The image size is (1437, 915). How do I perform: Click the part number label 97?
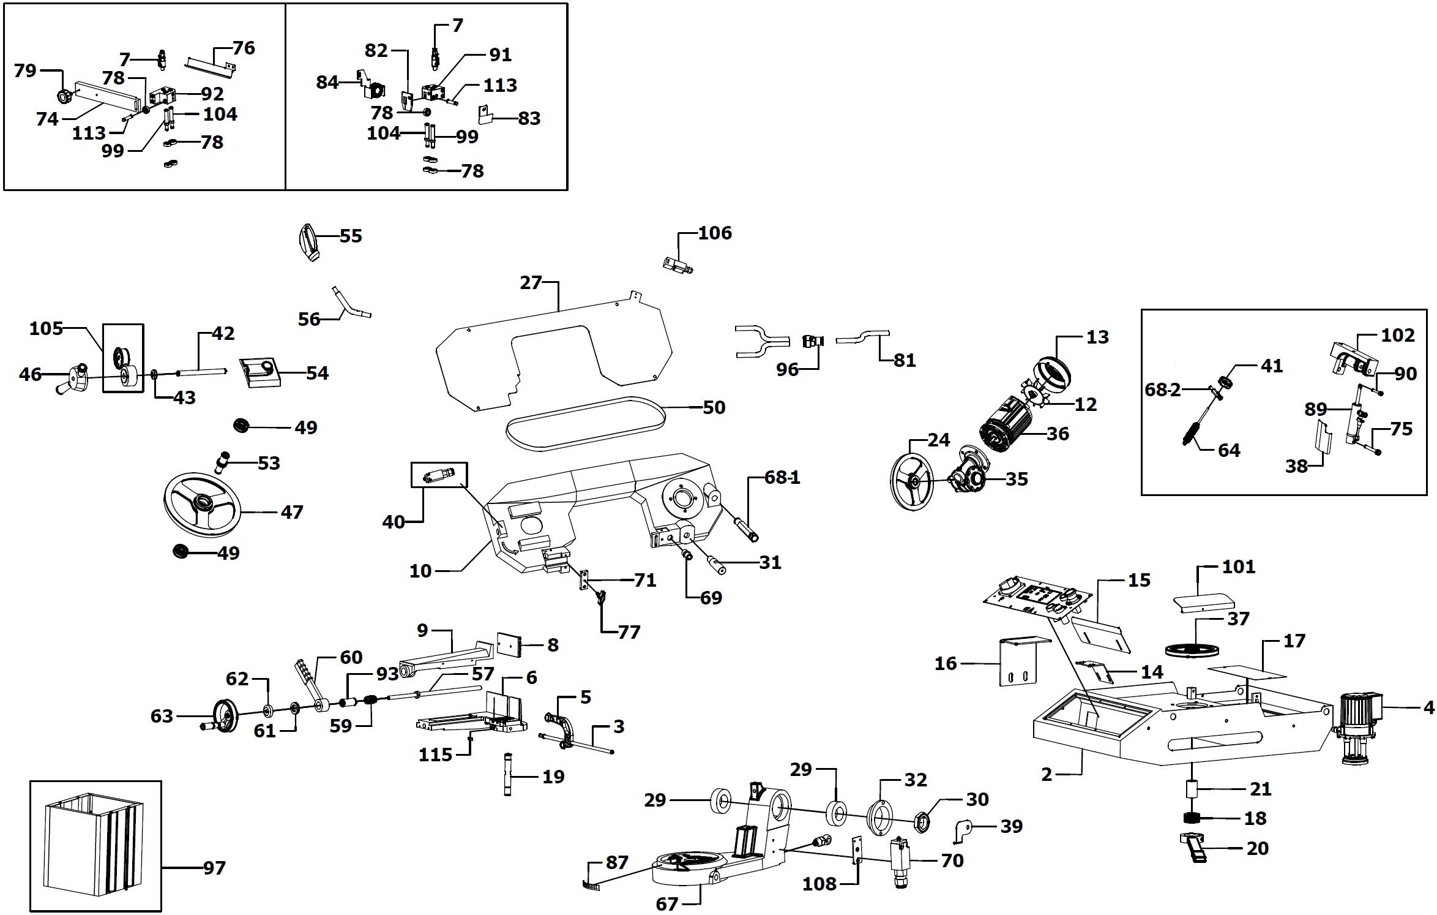pos(214,868)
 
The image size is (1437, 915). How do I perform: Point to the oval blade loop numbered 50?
pos(586,423)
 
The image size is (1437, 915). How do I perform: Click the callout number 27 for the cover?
pos(531,283)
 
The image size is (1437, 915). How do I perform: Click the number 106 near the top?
pos(715,233)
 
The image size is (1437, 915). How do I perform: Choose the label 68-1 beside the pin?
pos(782,478)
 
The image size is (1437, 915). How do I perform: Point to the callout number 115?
pos(435,755)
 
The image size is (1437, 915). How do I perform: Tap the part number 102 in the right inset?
pos(1398,336)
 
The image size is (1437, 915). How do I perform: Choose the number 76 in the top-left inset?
pos(244,48)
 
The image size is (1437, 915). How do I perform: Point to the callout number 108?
pos(819,884)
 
